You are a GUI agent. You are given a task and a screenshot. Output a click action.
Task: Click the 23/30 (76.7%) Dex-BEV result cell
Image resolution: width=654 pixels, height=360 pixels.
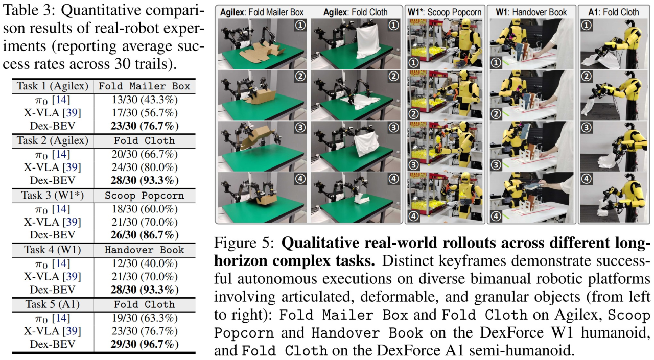tap(145, 126)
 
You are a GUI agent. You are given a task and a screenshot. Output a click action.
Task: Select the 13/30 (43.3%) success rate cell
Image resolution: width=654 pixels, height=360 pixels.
tap(145, 100)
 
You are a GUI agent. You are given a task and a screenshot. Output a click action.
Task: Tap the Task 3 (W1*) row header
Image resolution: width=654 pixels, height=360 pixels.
tap(53, 195)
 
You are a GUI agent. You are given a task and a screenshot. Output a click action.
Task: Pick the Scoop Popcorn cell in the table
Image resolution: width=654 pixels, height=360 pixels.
tap(145, 196)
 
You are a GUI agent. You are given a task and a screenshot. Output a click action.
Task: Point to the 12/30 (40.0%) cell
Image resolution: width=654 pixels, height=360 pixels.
tap(145, 263)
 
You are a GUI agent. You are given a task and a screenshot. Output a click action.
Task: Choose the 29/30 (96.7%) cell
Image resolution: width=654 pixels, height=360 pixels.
tap(145, 344)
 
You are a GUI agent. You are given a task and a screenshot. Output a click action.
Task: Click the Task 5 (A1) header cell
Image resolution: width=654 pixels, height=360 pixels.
tap(53, 304)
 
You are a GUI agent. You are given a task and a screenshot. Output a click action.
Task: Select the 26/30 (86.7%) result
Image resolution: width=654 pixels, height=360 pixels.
tap(145, 235)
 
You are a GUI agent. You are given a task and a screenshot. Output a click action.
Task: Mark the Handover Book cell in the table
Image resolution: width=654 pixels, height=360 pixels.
tap(145, 250)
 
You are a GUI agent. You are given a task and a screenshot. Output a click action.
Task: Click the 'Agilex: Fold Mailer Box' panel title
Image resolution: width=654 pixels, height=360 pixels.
tap(262, 12)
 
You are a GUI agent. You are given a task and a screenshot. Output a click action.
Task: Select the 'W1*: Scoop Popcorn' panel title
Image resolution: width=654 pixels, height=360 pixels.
tap(445, 12)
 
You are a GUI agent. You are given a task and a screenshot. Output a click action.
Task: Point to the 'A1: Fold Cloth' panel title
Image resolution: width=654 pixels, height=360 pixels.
tap(614, 12)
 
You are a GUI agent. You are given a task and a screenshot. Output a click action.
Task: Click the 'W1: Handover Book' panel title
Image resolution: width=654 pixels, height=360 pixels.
tap(531, 12)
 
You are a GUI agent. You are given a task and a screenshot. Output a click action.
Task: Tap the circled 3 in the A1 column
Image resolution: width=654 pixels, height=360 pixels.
tap(586, 128)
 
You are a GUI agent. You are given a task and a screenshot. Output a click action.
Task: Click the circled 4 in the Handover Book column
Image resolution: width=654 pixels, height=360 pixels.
tap(496, 216)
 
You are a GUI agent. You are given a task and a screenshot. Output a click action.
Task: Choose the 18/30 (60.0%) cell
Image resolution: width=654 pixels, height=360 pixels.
tap(145, 209)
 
